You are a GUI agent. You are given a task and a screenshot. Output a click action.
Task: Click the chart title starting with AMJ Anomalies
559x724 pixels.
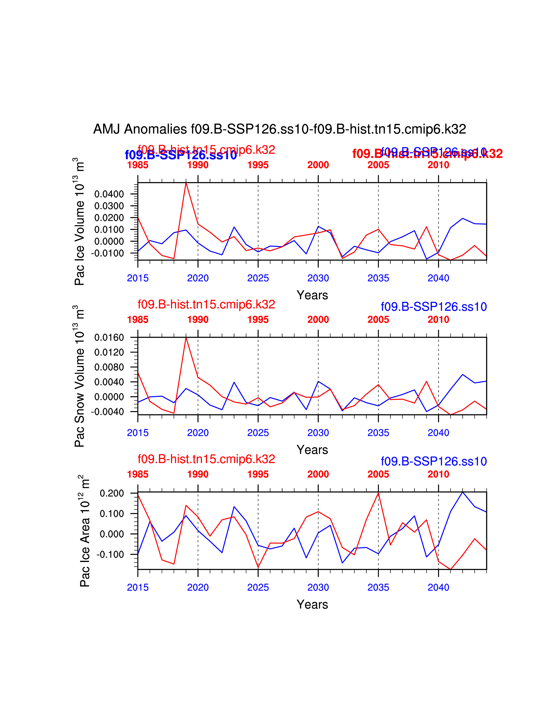pos(279,129)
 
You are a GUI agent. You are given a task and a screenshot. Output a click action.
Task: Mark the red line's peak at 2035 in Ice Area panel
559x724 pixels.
pos(378,493)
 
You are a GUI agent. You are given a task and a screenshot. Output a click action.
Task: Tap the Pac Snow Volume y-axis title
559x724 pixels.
pos(80,376)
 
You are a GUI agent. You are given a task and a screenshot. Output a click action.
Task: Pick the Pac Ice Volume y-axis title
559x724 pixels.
pos(80,221)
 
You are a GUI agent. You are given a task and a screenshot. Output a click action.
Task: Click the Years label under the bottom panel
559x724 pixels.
pos(312,604)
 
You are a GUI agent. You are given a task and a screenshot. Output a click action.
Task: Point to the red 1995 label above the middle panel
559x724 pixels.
pos(258,320)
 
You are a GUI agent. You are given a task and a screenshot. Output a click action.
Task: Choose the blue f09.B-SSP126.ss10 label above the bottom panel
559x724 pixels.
pos(433,461)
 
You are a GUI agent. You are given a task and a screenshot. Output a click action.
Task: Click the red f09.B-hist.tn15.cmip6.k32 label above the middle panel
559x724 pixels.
pos(206,304)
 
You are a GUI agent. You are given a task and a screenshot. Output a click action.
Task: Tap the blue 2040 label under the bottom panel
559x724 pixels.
pos(438,587)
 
